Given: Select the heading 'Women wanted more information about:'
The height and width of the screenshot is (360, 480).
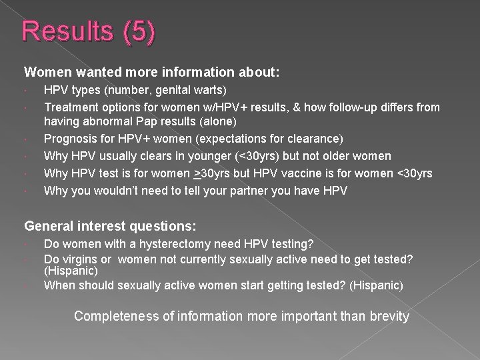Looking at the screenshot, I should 152,71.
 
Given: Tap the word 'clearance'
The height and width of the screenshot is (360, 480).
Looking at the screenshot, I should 312,139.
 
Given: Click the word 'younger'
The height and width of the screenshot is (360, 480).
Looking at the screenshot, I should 192,156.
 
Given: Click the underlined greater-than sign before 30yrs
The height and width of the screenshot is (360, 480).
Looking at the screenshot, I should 197,173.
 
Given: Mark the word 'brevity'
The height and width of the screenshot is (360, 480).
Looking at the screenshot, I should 387,316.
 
